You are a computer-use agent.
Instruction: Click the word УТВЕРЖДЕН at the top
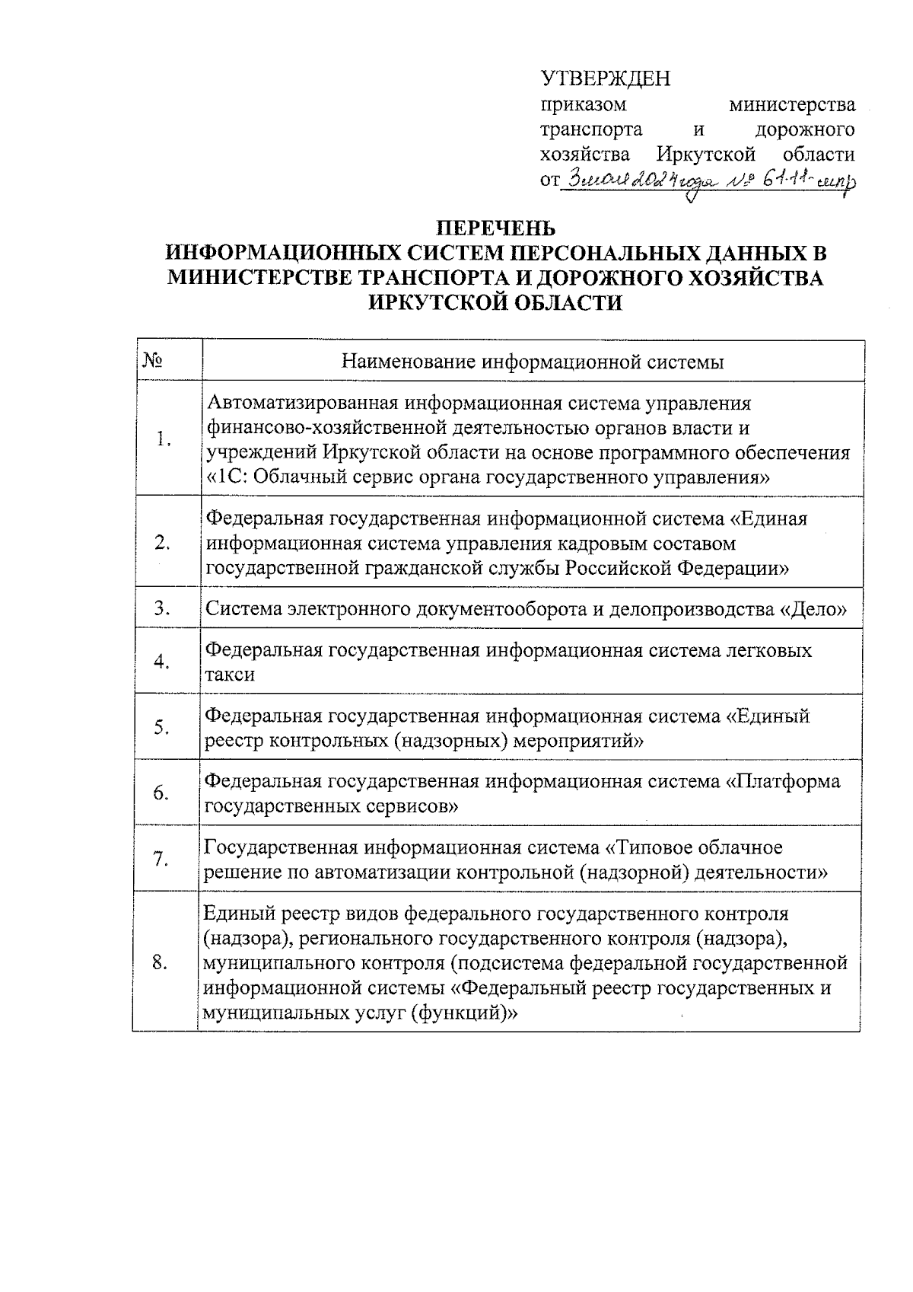[x=605, y=79]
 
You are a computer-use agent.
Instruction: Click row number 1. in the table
[x=161, y=439]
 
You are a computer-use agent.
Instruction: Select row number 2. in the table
[x=161, y=543]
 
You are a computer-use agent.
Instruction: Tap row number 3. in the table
[x=161, y=608]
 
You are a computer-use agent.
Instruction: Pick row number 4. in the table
[x=161, y=662]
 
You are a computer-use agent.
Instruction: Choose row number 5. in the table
[x=161, y=728]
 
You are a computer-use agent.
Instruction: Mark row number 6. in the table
[x=161, y=793]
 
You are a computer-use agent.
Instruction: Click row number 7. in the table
[x=161, y=860]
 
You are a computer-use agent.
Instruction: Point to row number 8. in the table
[x=160, y=963]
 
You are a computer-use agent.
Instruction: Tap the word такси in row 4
[x=231, y=675]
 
